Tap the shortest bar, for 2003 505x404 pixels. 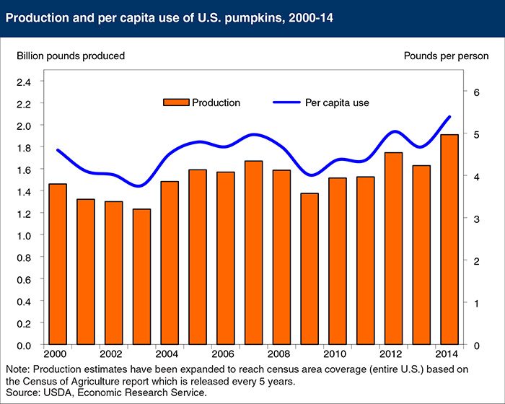[142, 277]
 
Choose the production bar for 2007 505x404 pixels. [253, 253]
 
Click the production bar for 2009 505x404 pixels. [309, 269]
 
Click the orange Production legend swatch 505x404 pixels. [175, 102]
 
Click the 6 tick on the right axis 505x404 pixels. [476, 92]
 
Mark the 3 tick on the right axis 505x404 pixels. [476, 219]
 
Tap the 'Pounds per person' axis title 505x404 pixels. [446, 56]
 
